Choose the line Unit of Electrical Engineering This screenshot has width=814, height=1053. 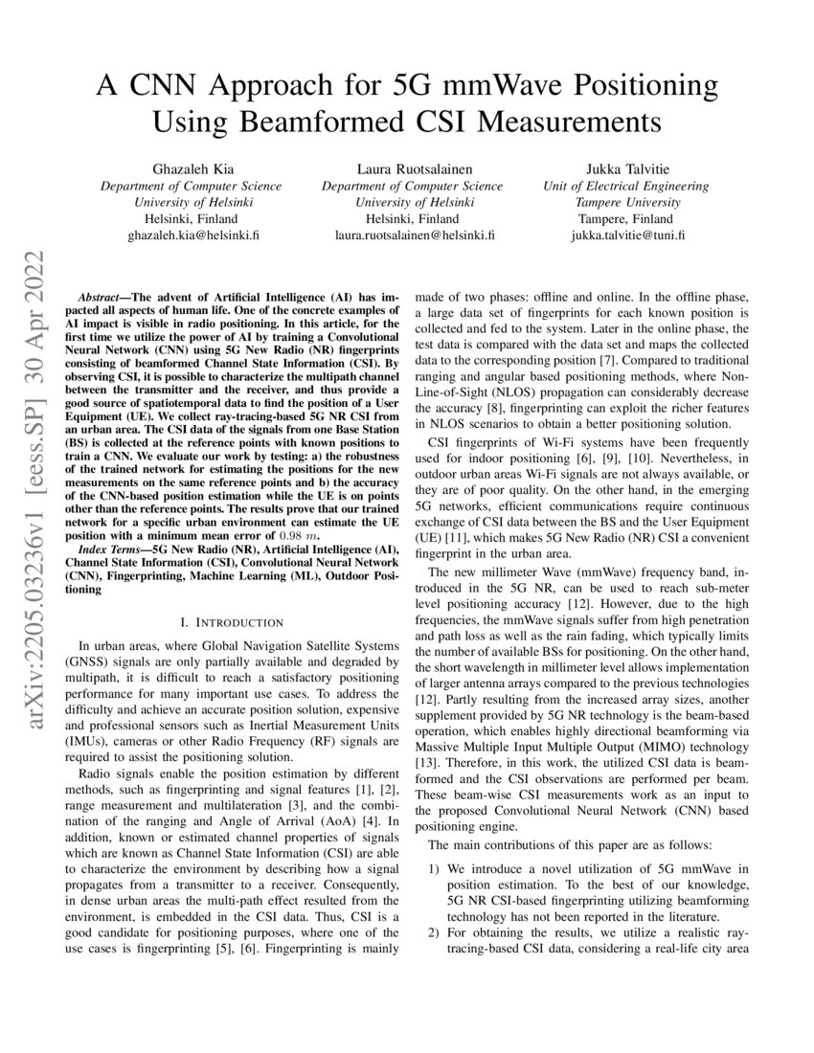coord(626,186)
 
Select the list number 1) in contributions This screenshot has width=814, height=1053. coord(434,869)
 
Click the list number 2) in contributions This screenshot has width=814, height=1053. coord(434,932)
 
